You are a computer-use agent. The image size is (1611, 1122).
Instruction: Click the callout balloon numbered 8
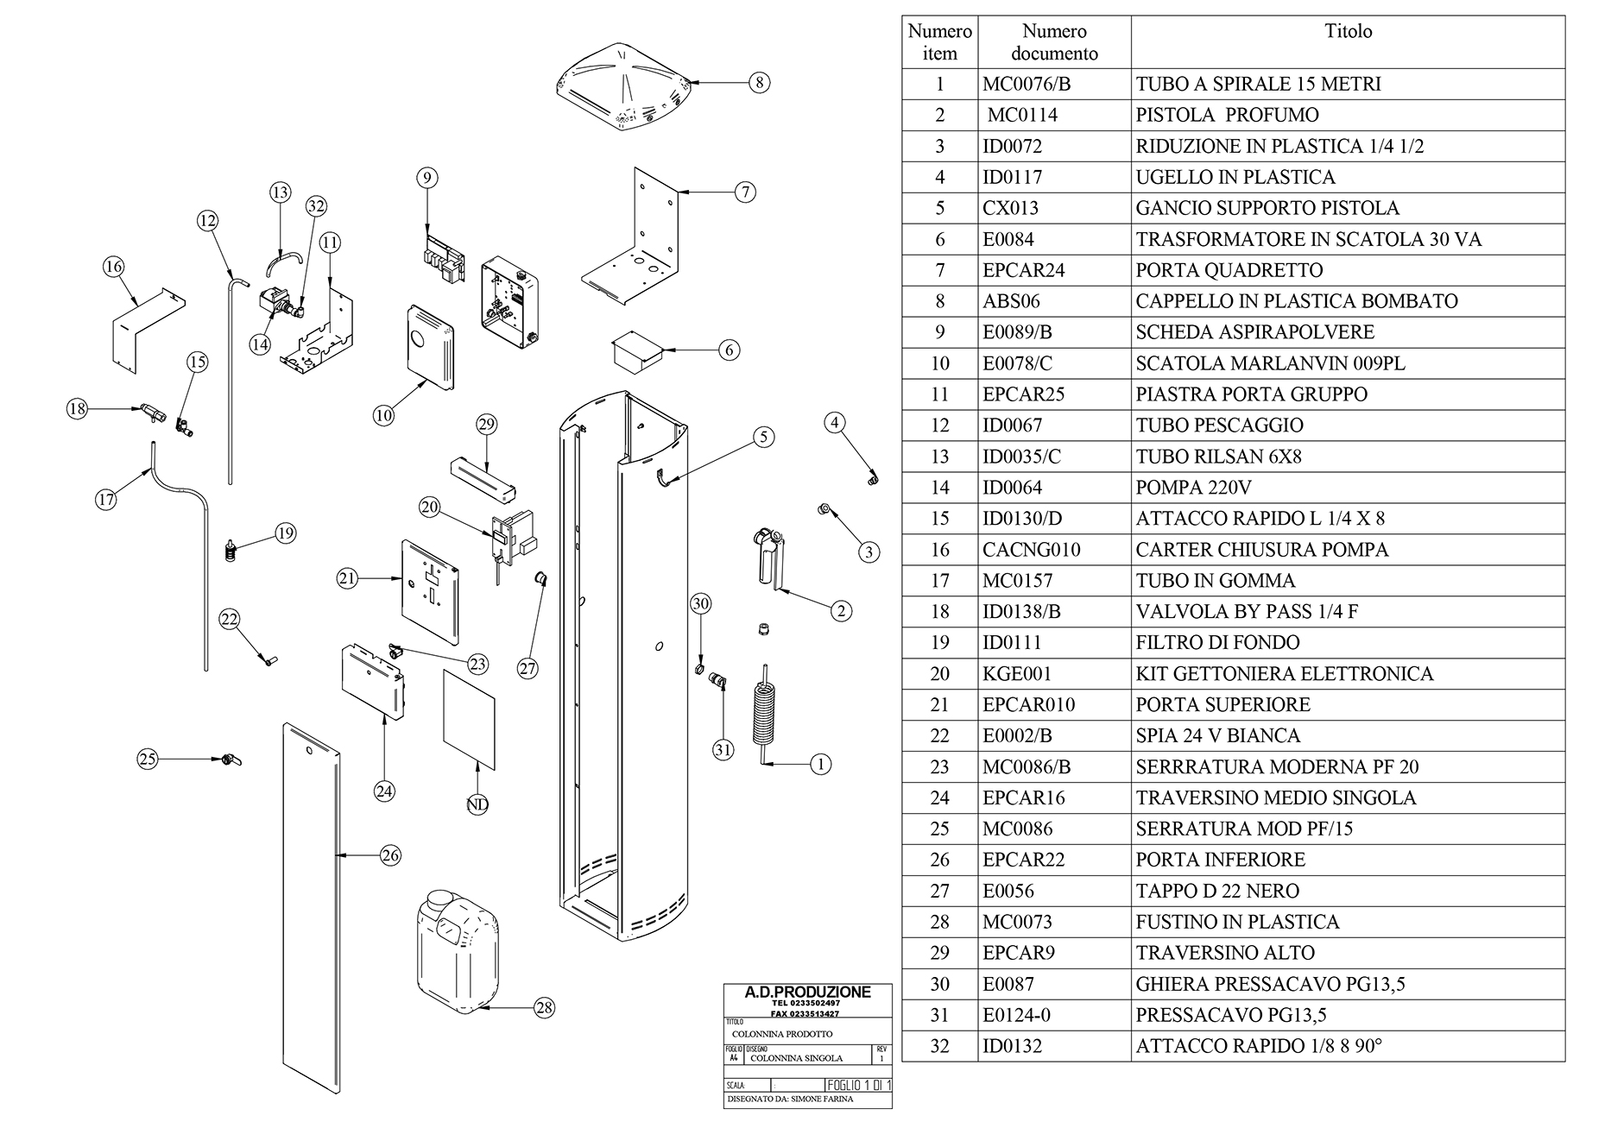(x=758, y=83)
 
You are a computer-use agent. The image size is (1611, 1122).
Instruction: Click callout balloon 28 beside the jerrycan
(x=544, y=1007)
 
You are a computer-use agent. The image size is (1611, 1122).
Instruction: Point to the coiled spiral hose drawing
(x=763, y=711)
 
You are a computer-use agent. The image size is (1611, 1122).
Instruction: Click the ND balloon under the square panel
(x=477, y=804)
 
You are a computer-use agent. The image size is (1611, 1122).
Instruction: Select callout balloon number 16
(x=114, y=267)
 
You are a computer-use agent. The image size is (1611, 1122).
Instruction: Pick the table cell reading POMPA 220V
(x=1193, y=488)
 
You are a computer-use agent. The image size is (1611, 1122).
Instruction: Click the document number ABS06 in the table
(x=1011, y=301)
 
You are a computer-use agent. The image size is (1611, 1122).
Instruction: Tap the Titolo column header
(x=1348, y=32)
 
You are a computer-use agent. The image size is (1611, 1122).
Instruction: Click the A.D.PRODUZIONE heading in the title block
(x=807, y=993)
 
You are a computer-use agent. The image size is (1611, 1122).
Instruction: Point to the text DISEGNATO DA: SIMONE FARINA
(x=790, y=1100)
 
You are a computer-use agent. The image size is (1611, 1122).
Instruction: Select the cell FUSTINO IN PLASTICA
(x=1237, y=922)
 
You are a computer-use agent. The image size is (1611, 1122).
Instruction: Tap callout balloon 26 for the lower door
(x=390, y=855)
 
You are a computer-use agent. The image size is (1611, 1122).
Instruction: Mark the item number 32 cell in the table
(x=939, y=1046)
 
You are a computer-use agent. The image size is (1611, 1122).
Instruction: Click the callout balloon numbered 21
(x=347, y=579)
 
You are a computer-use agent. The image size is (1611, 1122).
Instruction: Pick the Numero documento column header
(x=1054, y=42)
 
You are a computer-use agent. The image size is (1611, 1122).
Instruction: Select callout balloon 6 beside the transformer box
(x=730, y=350)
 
